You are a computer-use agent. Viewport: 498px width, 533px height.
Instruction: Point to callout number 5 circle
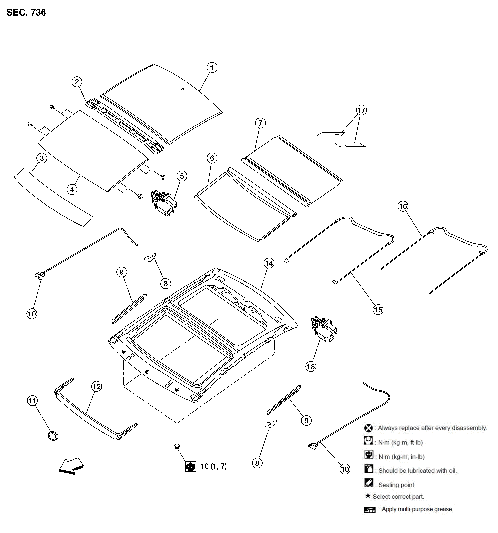pyautogui.click(x=182, y=176)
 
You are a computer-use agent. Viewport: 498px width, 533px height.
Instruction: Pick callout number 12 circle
pyautogui.click(x=97, y=386)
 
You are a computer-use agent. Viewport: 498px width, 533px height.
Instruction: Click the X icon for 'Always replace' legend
pyautogui.click(x=368, y=428)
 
